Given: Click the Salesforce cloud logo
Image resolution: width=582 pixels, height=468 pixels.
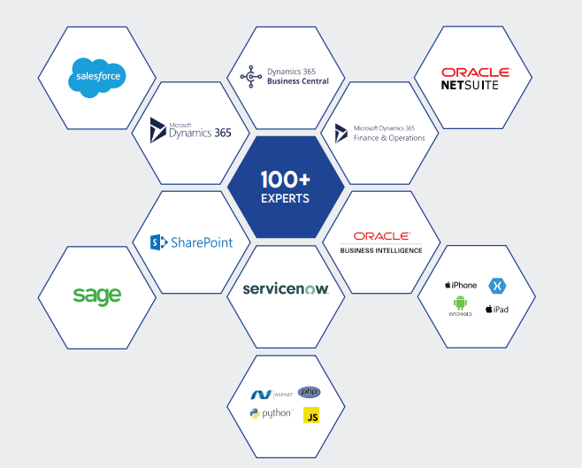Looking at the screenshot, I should (96, 78).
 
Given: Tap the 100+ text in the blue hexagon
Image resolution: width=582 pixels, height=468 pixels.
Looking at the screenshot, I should (285, 178).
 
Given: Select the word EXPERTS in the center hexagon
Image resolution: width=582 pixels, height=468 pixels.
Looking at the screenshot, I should (285, 198).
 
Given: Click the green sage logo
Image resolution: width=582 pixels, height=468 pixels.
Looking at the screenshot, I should (97, 295).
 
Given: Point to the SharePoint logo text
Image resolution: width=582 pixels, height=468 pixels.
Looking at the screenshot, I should (192, 242).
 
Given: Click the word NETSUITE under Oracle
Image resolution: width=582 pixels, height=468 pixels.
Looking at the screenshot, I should (470, 86).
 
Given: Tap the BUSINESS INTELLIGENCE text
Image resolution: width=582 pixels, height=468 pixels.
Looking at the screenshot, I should (381, 250).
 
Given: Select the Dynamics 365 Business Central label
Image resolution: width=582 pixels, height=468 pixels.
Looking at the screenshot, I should (297, 76).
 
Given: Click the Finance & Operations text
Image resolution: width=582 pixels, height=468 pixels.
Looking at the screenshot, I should (389, 138).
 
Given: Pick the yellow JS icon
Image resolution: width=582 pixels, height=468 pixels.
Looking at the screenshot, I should (311, 415).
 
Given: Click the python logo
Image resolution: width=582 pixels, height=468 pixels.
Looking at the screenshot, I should (271, 414).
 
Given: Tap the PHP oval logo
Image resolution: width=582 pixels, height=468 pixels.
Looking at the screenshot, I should (310, 392).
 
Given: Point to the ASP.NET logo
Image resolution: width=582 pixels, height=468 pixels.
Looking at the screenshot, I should (271, 394).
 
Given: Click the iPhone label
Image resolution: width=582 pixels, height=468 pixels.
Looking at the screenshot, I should (461, 285).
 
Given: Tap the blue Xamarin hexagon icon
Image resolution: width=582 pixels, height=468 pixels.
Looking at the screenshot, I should (497, 286).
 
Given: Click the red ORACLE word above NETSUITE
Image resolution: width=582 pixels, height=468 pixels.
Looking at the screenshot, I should (476, 72).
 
